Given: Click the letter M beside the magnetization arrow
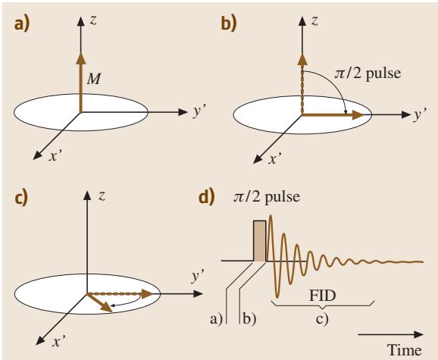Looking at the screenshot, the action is tap(94, 79).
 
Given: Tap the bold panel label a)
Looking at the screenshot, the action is tap(21, 24).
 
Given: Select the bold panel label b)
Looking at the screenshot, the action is tap(229, 23).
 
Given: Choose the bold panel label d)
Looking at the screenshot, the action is tap(207, 196).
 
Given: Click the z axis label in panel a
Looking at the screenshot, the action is tap(93, 20).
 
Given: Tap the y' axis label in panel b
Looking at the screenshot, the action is tap(420, 114).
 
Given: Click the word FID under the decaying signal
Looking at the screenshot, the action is tap(322, 296).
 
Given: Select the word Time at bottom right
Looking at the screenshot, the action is tap(404, 350).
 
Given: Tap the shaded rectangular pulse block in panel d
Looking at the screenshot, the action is tap(260, 241).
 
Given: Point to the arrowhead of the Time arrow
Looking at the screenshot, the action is tap(419, 334).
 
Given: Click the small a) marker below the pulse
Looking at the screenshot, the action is tap(216, 319).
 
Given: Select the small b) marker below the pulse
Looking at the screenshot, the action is tap(249, 319).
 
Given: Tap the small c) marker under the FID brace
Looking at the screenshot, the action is tap(322, 318).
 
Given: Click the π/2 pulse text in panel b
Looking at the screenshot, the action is tap(368, 74).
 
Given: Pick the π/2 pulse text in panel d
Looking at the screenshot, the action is tap(267, 197).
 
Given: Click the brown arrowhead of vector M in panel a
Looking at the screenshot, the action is tap(81, 58).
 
